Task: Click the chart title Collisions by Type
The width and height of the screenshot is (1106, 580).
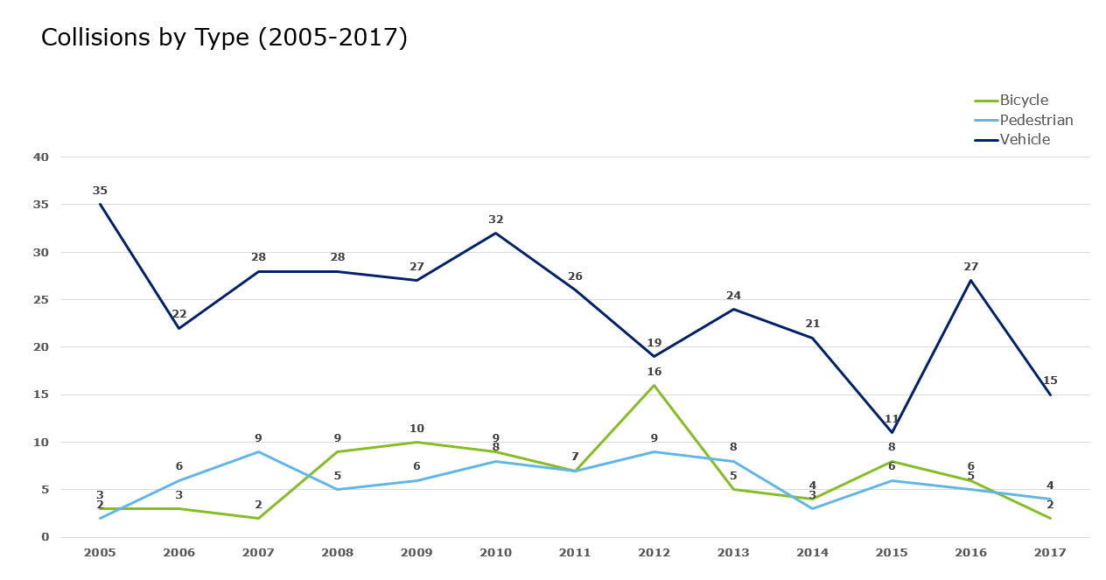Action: (x=224, y=38)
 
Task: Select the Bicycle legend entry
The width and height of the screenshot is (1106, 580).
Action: (x=1024, y=101)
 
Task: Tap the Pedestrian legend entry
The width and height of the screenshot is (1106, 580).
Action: (x=1036, y=120)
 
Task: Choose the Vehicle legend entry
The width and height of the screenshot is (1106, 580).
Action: (x=1025, y=140)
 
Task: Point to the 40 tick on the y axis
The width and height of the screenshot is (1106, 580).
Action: (x=41, y=157)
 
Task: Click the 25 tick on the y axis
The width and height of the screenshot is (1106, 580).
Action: (x=41, y=300)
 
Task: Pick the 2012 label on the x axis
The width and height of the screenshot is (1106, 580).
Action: (x=654, y=553)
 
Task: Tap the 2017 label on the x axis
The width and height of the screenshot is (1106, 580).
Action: (x=1050, y=553)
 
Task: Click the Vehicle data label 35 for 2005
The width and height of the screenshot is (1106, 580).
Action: (x=100, y=191)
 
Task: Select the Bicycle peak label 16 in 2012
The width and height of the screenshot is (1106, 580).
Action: (x=654, y=372)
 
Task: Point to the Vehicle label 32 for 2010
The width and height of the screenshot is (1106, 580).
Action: (x=496, y=220)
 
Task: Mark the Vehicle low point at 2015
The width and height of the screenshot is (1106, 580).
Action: (x=892, y=432)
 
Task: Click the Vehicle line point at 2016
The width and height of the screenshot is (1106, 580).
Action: (x=970, y=281)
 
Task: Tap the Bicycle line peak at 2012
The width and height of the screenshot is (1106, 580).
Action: (x=654, y=385)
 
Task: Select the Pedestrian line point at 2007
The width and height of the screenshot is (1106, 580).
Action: (x=258, y=451)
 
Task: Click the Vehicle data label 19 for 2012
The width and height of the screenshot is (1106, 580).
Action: (x=654, y=343)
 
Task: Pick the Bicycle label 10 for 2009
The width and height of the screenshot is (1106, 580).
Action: (x=416, y=429)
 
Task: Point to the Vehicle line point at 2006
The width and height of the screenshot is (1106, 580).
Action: (x=179, y=328)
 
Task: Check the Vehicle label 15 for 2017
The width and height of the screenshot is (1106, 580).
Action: (x=1050, y=381)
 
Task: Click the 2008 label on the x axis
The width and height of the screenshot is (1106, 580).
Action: (x=337, y=553)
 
